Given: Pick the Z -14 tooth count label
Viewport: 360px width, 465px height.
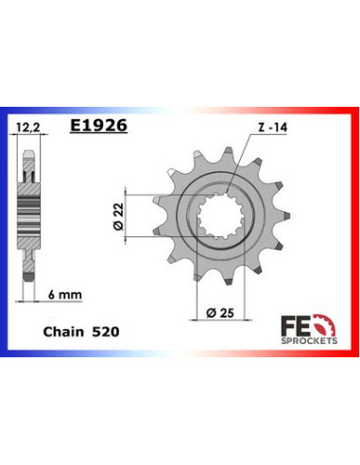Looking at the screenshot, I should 268,136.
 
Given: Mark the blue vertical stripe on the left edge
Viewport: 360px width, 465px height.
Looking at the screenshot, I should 5,232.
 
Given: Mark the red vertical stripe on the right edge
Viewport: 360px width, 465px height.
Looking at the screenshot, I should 354,232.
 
